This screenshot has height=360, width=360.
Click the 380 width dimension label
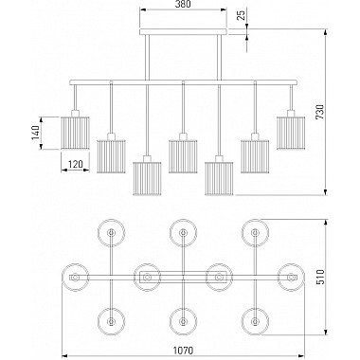(183, 5)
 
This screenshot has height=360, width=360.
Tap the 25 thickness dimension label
(241, 15)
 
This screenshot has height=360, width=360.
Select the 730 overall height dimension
(320, 112)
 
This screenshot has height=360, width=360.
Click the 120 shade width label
(75, 164)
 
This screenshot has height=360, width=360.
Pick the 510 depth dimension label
(320, 278)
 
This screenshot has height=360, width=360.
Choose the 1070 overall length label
(183, 351)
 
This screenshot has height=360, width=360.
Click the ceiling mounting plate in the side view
(183, 31)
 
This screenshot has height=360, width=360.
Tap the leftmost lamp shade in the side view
(75, 133)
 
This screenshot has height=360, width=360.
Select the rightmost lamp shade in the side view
(291, 133)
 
